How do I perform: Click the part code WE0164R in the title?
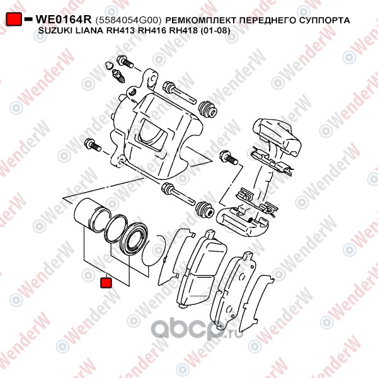pos(64,20)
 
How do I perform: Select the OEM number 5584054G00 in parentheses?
pos(129,21)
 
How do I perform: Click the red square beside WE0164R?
pos(14,19)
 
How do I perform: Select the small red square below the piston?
pos(106,283)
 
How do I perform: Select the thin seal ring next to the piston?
pos(116,228)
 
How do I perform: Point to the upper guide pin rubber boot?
pos(207,109)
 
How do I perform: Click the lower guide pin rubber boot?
pos(205,210)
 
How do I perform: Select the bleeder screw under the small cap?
pos(118,76)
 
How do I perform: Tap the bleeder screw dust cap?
pos(109,65)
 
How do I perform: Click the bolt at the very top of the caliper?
pos(125,61)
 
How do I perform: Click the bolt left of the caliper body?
pos(93,145)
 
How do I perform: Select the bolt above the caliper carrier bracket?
pos(229,157)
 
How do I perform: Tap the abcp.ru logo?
pos(197,329)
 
